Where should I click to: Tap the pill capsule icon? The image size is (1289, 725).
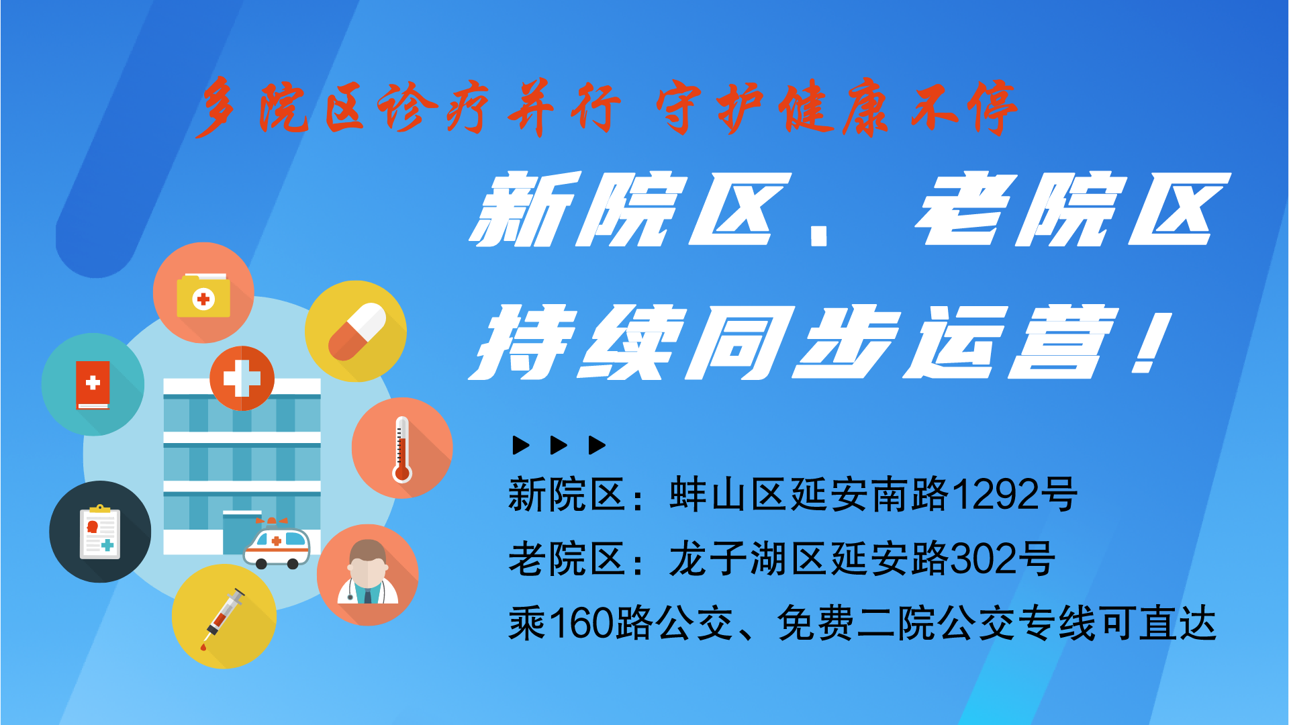click(x=356, y=332)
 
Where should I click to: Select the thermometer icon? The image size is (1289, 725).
click(x=402, y=449)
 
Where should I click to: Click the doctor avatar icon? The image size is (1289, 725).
click(x=368, y=573)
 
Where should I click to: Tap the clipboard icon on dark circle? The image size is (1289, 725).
click(x=100, y=532)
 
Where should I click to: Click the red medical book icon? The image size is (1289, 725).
click(x=93, y=385)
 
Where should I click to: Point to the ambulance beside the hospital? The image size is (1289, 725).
click(x=277, y=543)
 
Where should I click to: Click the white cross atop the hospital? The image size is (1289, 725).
click(x=242, y=378)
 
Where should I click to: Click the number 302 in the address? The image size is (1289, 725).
click(x=982, y=559)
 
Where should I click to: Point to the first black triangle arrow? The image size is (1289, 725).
click(x=521, y=445)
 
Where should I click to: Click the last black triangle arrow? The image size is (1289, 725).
click(x=597, y=445)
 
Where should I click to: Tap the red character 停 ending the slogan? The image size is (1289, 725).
click(x=992, y=107)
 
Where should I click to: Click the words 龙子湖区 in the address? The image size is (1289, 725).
click(x=749, y=559)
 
